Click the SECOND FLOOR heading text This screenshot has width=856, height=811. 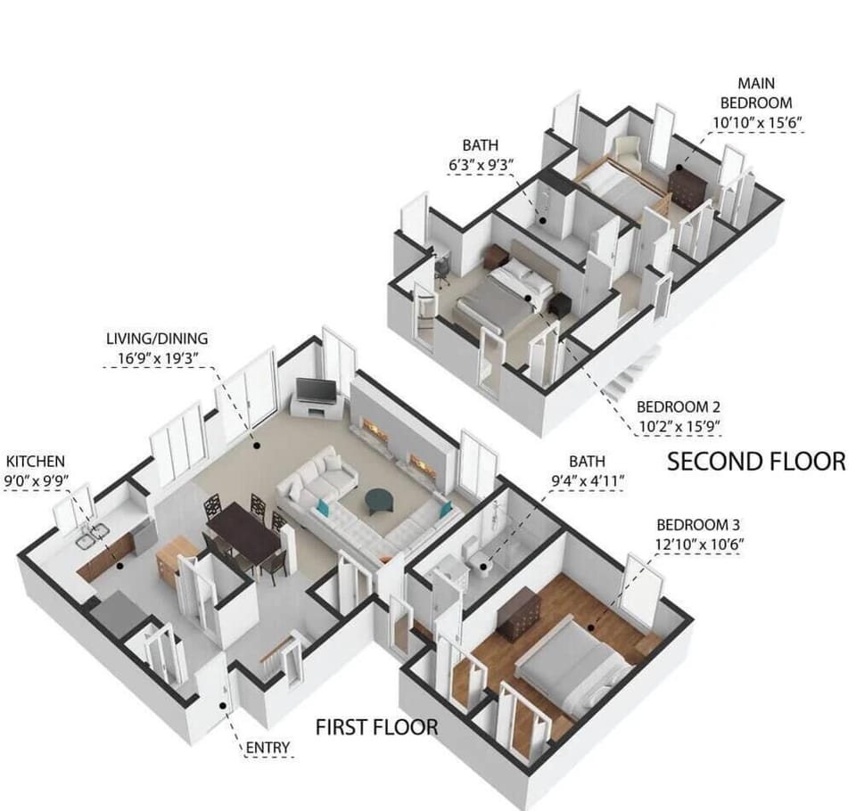click(x=756, y=461)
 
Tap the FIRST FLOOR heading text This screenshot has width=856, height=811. click(x=376, y=727)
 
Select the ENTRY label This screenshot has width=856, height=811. click(x=267, y=746)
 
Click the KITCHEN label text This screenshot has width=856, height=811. click(x=36, y=461)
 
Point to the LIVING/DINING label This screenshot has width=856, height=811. click(x=157, y=338)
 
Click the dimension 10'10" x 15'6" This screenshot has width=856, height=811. click(x=762, y=122)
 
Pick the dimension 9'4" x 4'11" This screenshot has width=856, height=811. click(x=587, y=481)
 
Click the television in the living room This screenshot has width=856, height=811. click(x=316, y=391)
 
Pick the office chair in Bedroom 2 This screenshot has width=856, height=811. click(x=441, y=269)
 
